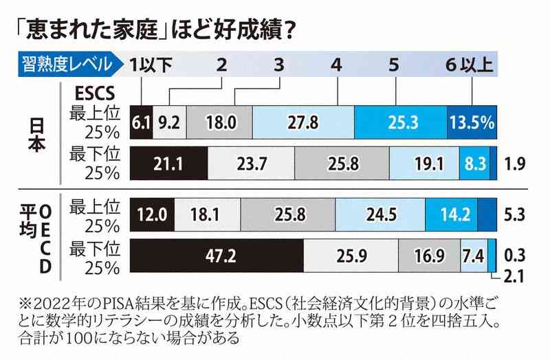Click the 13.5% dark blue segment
click(471, 123)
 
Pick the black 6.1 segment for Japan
click(141, 123)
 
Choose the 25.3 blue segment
click(400, 123)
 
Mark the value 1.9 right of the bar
click(516, 165)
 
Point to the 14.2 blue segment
click(450, 214)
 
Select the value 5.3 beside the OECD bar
click(516, 214)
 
